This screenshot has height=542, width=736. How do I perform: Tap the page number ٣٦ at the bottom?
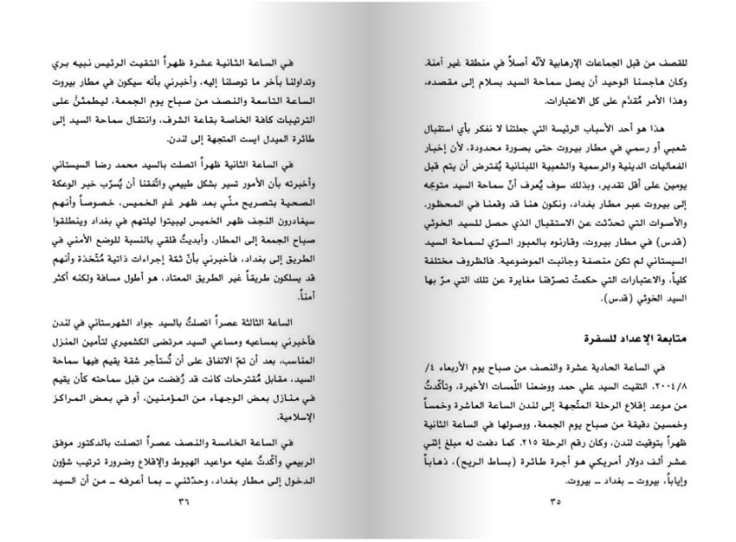coord(182,500)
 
